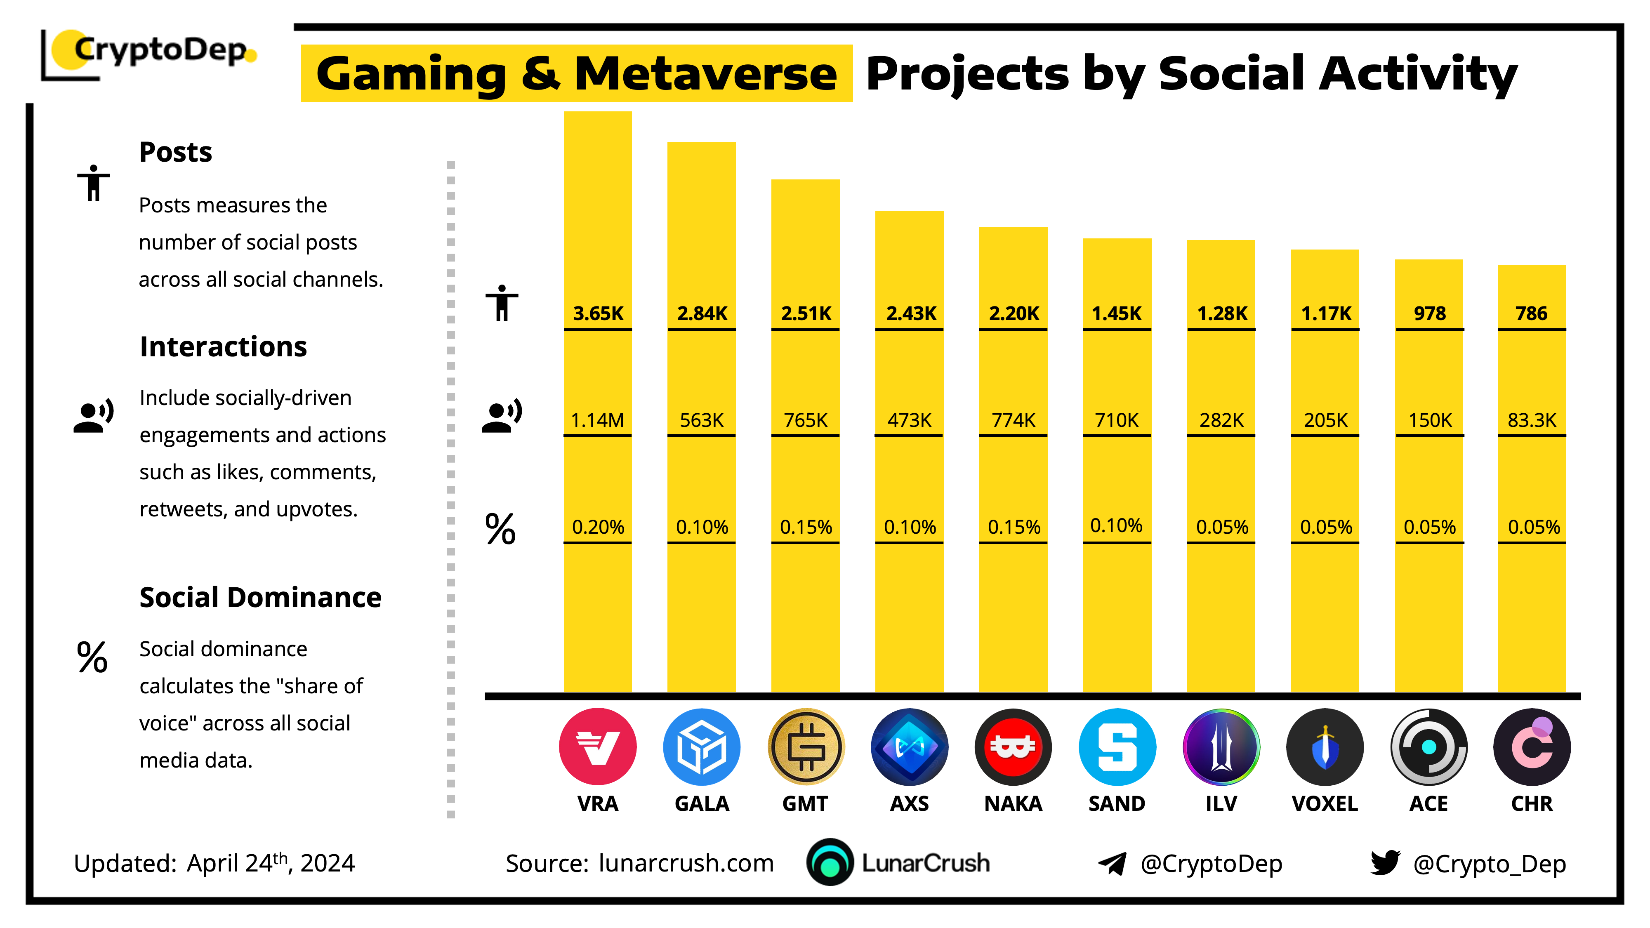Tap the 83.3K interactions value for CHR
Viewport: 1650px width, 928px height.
point(1532,420)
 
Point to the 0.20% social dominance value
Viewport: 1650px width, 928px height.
point(598,527)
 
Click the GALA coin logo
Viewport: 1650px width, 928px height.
point(701,747)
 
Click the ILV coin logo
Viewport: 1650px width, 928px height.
point(1221,747)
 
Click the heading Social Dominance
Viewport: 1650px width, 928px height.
point(260,598)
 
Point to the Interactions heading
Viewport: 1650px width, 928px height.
point(223,346)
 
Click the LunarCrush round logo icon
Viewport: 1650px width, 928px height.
point(830,863)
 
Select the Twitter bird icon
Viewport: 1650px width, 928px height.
point(1385,863)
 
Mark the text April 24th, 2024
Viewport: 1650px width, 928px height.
point(270,863)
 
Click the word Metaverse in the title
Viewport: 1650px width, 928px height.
point(705,74)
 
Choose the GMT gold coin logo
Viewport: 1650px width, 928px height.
point(806,747)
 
